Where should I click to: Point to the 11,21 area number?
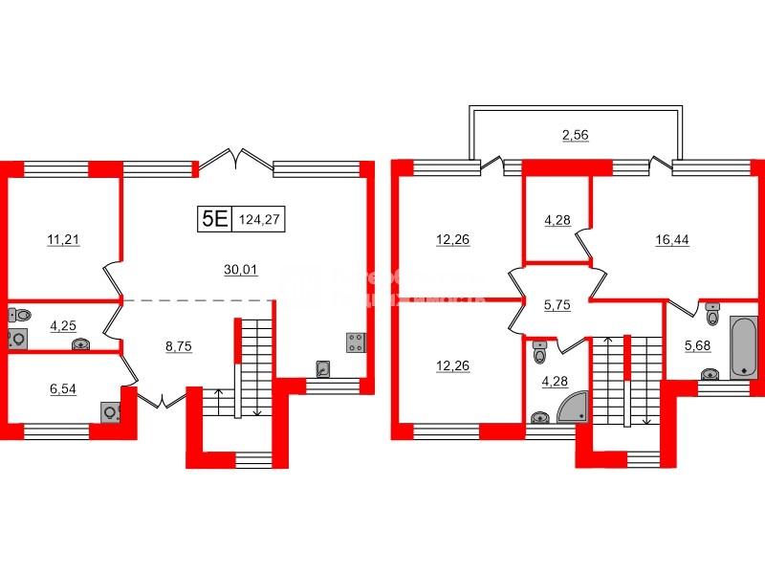click(x=64, y=240)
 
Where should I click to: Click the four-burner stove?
click(x=356, y=342)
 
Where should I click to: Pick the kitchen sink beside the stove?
click(x=323, y=368)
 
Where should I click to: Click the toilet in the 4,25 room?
click(x=21, y=313)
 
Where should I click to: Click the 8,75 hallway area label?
click(x=179, y=348)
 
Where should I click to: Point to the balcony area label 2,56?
click(x=575, y=135)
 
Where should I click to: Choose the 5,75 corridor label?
click(x=557, y=305)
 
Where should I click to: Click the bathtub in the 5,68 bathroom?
click(x=743, y=347)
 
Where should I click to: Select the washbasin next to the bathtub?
click(x=710, y=374)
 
